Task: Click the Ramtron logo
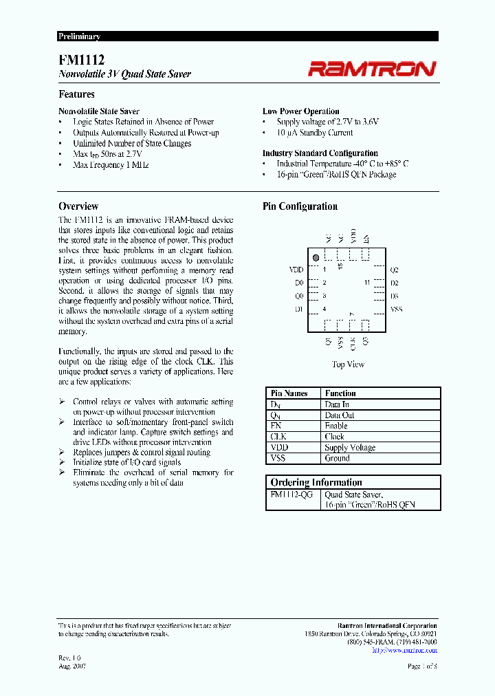[371, 68]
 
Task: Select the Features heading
[76, 94]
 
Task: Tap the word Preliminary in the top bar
[79, 36]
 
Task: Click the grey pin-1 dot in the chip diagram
[316, 258]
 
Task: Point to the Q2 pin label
[394, 270]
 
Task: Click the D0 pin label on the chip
[298, 283]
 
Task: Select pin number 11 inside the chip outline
[367, 283]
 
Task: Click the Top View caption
[348, 365]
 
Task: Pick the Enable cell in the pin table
[336, 426]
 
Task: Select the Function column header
[340, 393]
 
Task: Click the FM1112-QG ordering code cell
[292, 494]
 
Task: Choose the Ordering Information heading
[316, 482]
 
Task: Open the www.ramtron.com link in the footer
[404, 650]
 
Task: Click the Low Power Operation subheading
[300, 111]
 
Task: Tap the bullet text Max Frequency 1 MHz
[111, 165]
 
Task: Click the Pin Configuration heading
[300, 206]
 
